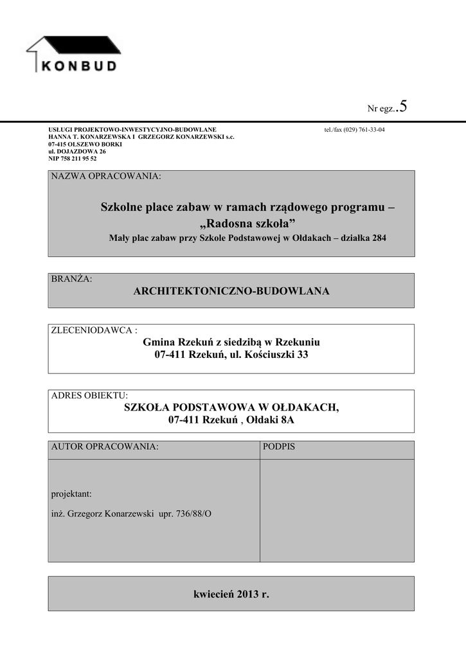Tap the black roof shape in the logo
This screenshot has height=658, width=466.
(84, 44)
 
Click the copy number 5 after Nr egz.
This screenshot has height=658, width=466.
(403, 106)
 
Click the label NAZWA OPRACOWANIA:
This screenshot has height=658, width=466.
(106, 176)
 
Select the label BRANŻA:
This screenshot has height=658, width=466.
(71, 279)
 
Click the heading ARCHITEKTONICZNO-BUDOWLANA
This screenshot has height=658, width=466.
(231, 292)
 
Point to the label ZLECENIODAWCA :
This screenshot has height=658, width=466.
(94, 330)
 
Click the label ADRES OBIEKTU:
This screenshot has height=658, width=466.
(89, 395)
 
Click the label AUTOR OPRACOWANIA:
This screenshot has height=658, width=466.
(104, 446)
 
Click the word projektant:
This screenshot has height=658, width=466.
(71, 494)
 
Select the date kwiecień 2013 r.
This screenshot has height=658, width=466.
(231, 594)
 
